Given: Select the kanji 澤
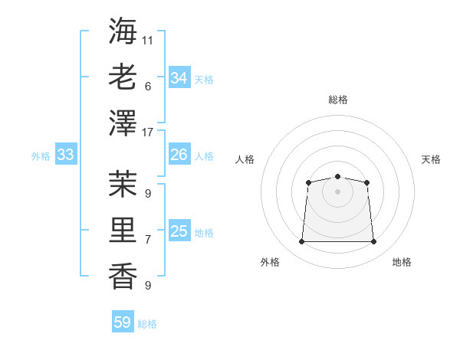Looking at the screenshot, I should [x=123, y=123].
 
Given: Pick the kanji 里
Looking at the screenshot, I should [x=123, y=229].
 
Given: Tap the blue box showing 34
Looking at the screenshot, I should [x=179, y=78].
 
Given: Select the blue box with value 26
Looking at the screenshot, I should [x=179, y=155].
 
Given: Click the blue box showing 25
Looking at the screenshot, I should [x=179, y=231].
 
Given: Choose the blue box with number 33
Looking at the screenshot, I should [x=66, y=155].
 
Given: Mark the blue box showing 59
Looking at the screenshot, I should [x=123, y=322].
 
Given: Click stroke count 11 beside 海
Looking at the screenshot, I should [x=148, y=39].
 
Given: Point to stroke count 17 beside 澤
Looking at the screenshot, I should [x=148, y=133].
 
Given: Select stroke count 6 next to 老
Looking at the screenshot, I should [x=147, y=86].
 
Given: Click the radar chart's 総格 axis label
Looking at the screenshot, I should [x=337, y=100].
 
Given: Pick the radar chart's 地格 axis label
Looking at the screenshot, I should [x=402, y=263].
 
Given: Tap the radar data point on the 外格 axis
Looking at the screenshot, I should [x=301, y=242].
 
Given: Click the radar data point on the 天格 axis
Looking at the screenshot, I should [x=367, y=182].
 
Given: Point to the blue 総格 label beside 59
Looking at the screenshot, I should [x=147, y=324].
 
